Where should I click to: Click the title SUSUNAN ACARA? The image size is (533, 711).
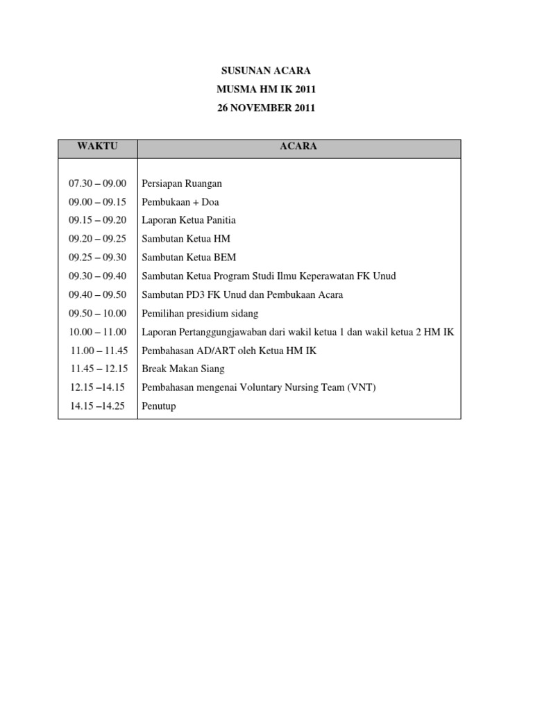[x=266, y=71]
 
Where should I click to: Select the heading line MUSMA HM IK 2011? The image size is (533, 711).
[x=266, y=90]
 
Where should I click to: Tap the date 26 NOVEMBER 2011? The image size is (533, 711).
[x=266, y=108]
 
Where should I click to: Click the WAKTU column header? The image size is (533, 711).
[x=98, y=147]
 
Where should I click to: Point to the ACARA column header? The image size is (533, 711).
[x=298, y=147]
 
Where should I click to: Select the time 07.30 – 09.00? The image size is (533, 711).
[x=98, y=183]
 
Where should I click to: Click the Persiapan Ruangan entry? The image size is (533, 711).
[x=181, y=183]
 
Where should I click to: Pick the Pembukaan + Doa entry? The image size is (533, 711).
[x=180, y=202]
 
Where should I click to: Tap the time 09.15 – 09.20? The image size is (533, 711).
[x=98, y=220]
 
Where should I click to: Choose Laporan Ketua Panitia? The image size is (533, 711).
[x=189, y=220]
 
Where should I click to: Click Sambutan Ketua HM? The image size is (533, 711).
[x=186, y=239]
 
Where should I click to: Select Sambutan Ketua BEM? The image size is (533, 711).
[x=189, y=258]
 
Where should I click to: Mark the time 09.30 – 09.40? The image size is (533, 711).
[x=98, y=276]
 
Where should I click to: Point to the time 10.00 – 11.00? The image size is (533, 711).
[x=98, y=332]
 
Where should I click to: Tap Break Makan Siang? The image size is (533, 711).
[x=183, y=369]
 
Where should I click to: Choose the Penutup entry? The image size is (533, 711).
[x=159, y=406]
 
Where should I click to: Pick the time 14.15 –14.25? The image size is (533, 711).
[x=98, y=406]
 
